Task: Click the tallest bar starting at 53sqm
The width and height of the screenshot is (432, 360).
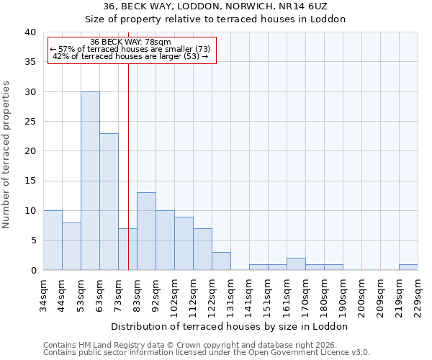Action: (x=90, y=181)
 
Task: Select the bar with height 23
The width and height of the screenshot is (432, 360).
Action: (x=109, y=202)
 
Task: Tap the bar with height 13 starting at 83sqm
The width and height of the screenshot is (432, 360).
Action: (x=146, y=231)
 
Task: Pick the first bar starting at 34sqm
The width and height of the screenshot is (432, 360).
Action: (x=53, y=240)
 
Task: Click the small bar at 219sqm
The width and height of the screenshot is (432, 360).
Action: (x=408, y=267)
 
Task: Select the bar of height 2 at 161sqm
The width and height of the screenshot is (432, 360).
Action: (x=296, y=264)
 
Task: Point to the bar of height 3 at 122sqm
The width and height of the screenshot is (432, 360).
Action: (x=221, y=261)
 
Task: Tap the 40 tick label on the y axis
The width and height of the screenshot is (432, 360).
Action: (x=30, y=32)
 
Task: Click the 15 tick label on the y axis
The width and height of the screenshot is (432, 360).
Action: (x=30, y=181)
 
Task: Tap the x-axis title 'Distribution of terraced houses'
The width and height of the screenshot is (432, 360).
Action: (x=230, y=326)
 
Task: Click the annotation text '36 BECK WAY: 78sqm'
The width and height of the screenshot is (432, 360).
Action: (x=131, y=42)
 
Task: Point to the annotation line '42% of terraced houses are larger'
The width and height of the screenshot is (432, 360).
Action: (x=131, y=56)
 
